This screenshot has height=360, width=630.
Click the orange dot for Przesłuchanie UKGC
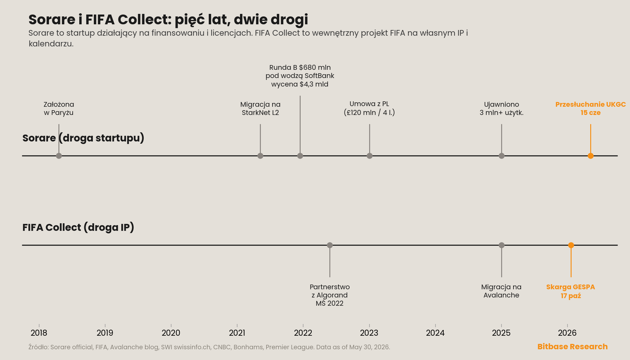[591, 156]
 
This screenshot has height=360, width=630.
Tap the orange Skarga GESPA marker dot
[571, 245]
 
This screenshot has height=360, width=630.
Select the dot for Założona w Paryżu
[59, 156]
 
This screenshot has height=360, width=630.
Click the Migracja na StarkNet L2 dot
[260, 156]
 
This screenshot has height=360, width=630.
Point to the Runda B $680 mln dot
[300, 156]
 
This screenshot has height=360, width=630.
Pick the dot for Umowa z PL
[369, 156]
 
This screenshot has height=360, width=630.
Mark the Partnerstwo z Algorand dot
[330, 245]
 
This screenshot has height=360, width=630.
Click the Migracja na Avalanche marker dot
[501, 245]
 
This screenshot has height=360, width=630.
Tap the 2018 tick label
[39, 333]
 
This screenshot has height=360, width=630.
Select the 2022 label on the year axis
[303, 333]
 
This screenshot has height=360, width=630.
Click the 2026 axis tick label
[567, 333]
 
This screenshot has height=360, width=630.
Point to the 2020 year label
[171, 333]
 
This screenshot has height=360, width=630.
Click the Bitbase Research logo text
[573, 346]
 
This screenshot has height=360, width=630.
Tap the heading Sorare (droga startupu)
[83, 138]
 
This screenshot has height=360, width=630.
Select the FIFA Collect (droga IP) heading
[78, 227]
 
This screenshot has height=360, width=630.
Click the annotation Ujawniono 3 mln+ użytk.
[501, 108]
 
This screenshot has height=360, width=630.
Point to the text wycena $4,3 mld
[300, 84]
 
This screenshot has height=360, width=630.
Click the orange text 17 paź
[571, 296]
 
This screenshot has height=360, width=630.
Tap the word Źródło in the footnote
[39, 347]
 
